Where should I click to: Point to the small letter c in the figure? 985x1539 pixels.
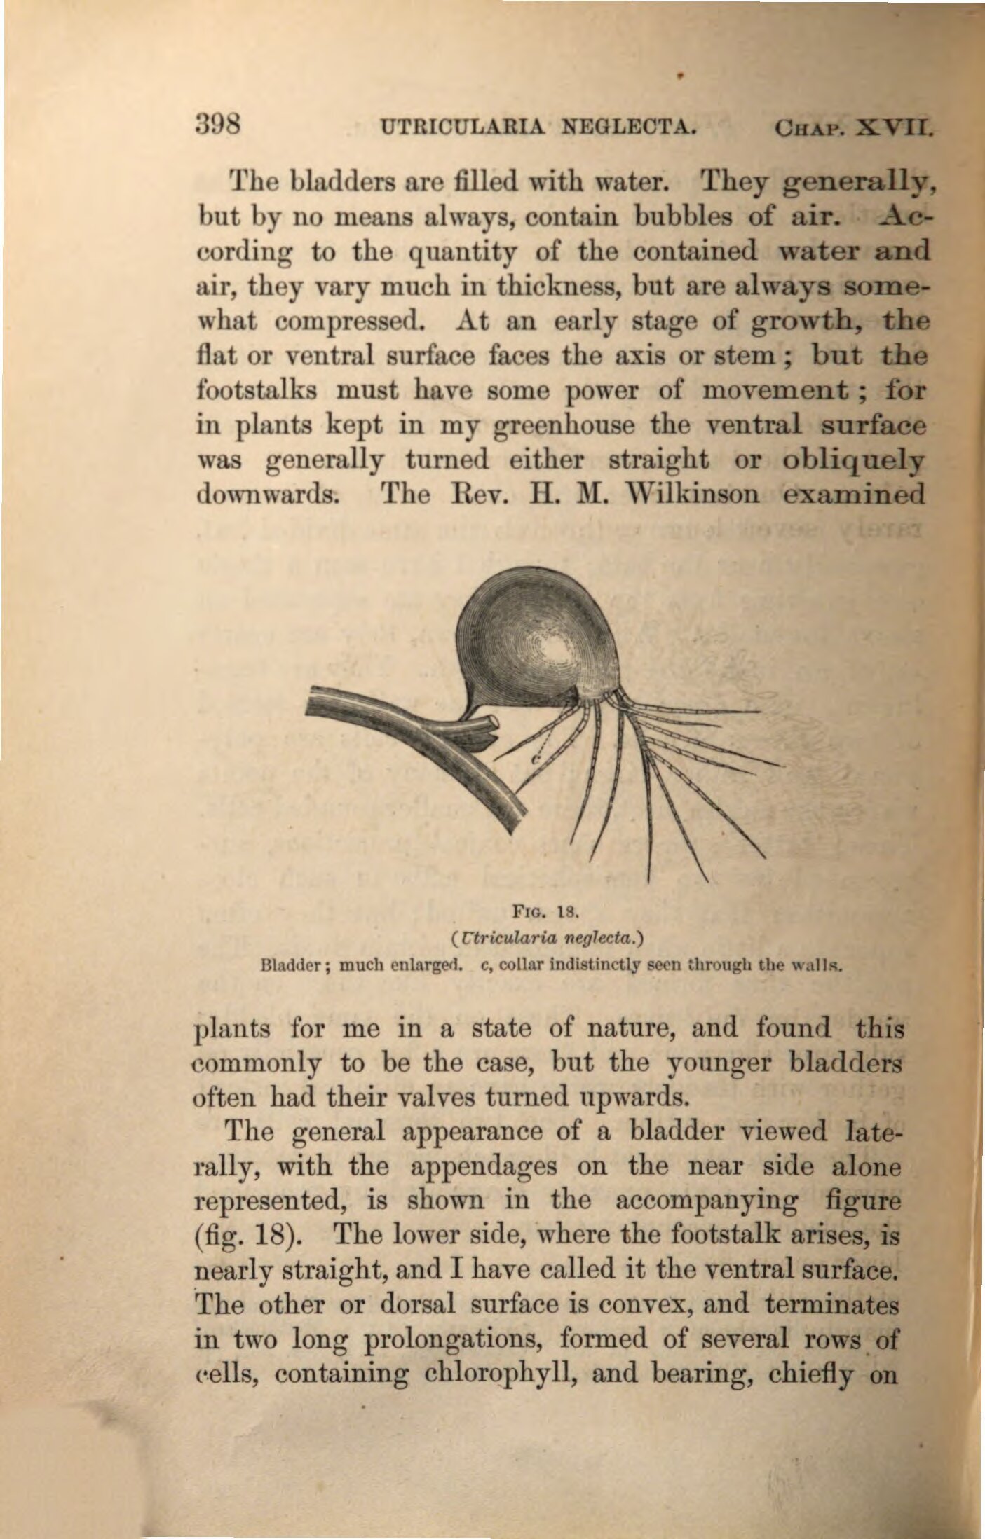[535, 759]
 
